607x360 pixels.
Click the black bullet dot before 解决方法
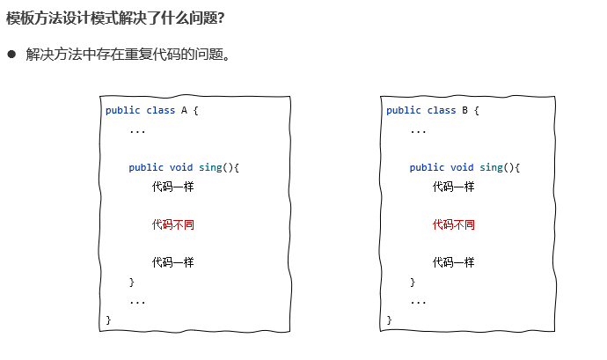[x=12, y=55]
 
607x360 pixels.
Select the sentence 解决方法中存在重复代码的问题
[x=128, y=55]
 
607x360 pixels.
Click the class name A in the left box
[x=185, y=110]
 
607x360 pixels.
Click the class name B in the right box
[x=465, y=110]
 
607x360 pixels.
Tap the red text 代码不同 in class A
[x=172, y=224]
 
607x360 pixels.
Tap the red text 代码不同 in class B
[x=453, y=224]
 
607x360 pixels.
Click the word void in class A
[x=181, y=167]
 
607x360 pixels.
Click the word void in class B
[x=462, y=167]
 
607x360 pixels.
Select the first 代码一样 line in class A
[x=172, y=187]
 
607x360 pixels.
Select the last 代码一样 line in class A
[x=172, y=262]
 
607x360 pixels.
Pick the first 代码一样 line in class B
[x=453, y=187]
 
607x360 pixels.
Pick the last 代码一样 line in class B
[x=453, y=262]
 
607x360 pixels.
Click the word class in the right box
[x=442, y=110]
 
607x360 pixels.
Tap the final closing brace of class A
[x=108, y=320]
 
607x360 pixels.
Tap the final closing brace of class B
[x=389, y=320]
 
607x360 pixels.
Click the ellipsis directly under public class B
[x=418, y=130]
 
